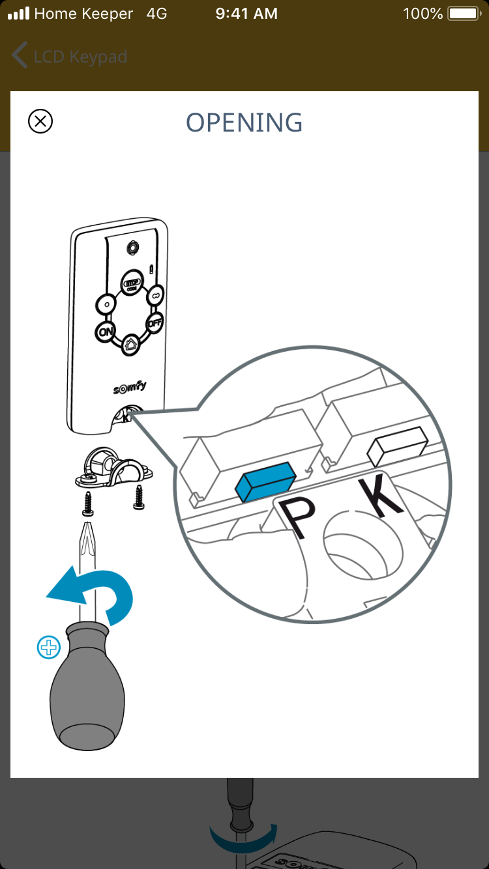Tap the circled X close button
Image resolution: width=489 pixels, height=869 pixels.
point(40,121)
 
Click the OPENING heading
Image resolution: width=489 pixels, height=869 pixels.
point(244,122)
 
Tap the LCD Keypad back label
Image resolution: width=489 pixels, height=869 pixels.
point(80,57)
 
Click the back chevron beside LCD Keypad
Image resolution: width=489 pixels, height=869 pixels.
point(20,55)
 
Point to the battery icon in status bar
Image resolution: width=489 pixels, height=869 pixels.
point(464,14)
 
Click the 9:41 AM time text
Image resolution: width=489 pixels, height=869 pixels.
point(246,14)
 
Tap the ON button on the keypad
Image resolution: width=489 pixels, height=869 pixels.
point(105,332)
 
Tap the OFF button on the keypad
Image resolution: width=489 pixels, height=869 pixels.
point(155,322)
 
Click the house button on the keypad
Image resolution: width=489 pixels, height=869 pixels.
point(130,344)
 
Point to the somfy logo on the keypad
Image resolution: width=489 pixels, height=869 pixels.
point(130,387)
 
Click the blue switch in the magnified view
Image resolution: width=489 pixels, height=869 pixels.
point(265,481)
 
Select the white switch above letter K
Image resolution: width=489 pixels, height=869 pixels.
point(397,446)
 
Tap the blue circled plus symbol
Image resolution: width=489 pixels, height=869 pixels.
point(48,647)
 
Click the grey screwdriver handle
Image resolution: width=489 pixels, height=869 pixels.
point(87,685)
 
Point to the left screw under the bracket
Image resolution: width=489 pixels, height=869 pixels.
point(88,504)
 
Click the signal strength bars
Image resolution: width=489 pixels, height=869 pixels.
point(19,14)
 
